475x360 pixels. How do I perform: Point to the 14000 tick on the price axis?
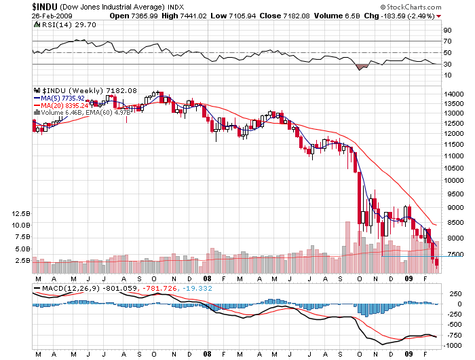coord(453,94)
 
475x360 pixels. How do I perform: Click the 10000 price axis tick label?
coord(453,181)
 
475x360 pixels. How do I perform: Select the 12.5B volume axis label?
coord(22,213)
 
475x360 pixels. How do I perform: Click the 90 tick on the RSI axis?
coord(447,31)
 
